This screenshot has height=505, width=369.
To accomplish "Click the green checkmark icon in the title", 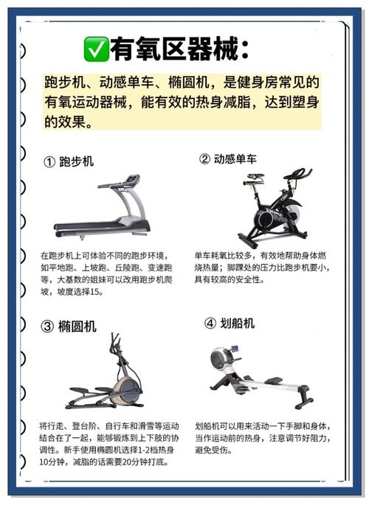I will click(96, 49).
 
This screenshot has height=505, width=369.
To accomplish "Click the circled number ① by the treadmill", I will click(49, 161).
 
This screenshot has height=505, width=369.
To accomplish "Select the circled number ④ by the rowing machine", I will click(210, 324).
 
